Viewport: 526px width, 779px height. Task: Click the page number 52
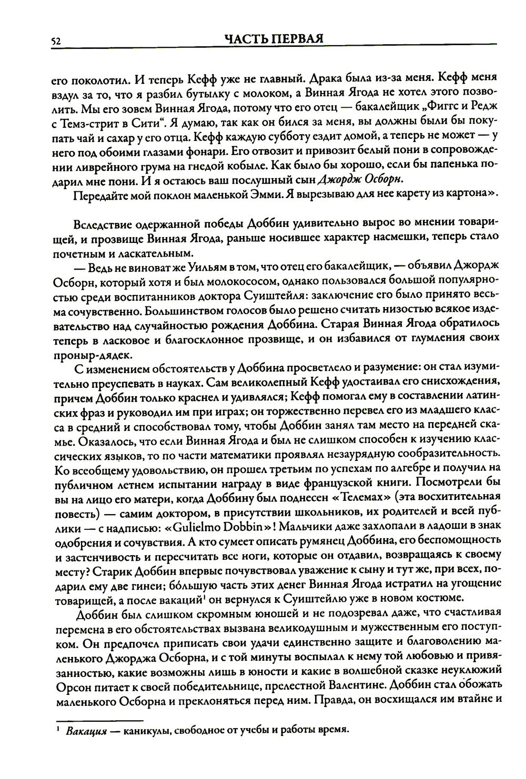pyautogui.click(x=55, y=41)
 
